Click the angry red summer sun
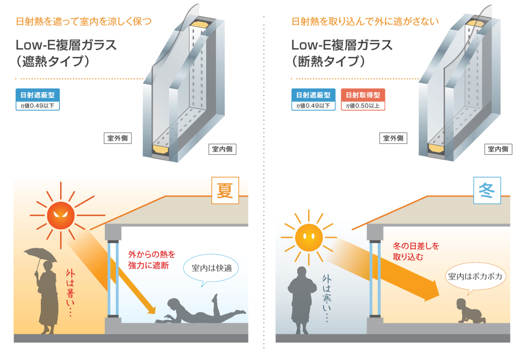pos(61,215)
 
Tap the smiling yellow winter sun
pos(309,237)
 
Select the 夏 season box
pos(225,191)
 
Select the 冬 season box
pos(487,191)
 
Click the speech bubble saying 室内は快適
pos(211,268)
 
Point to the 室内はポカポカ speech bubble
pos(475,277)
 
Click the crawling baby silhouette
pos(469,311)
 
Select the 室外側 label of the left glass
pos(118,138)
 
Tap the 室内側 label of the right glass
pos(498,149)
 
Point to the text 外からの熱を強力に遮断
pos(151,260)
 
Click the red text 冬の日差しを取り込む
pos(415,251)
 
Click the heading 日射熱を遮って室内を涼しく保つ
pos(84,22)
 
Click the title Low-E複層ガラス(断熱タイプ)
pos(342,53)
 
